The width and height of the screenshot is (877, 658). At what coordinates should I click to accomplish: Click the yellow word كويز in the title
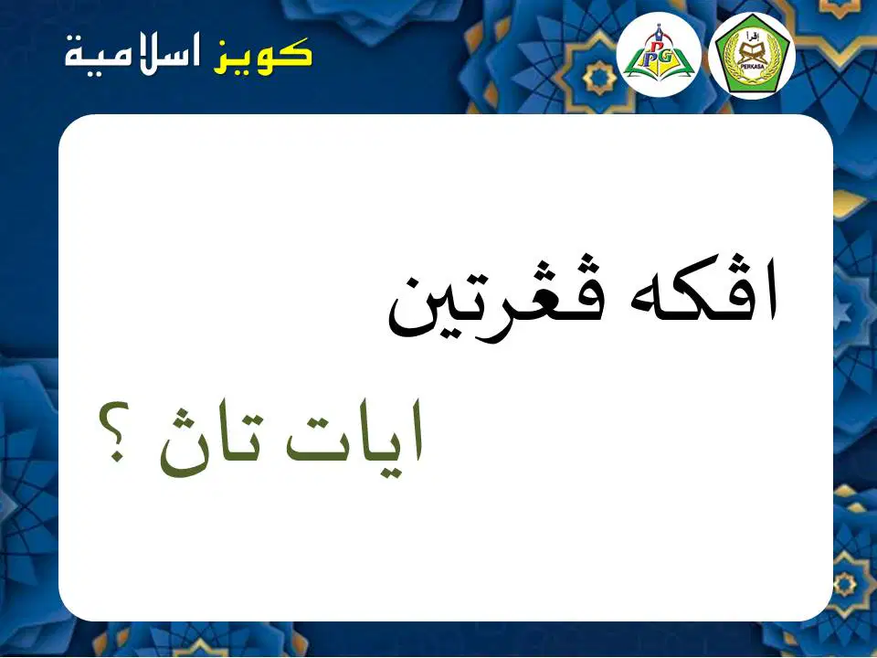[x=262, y=55]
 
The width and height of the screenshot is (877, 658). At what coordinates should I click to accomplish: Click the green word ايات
[x=354, y=440]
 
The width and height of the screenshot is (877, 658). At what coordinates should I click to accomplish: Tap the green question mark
[x=115, y=430]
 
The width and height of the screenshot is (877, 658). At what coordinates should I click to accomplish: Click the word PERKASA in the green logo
[x=751, y=66]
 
